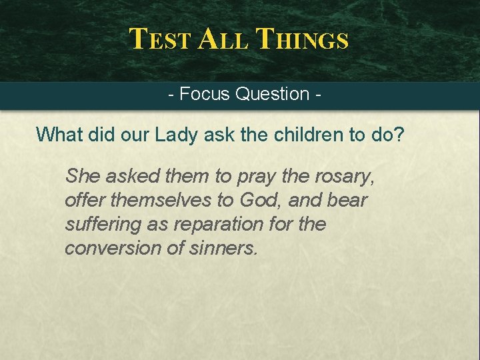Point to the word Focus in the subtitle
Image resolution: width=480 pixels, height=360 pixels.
click(205, 94)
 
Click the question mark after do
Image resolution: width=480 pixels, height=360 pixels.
click(398, 135)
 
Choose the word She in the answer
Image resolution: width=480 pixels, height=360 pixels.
click(82, 177)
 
